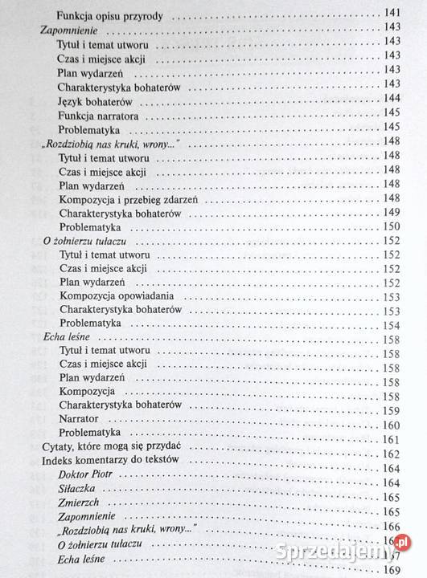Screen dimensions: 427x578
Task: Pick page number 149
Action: pos(392,213)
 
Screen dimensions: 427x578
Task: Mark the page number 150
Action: pos(392,227)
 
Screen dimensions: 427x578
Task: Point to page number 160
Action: pos(392,425)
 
